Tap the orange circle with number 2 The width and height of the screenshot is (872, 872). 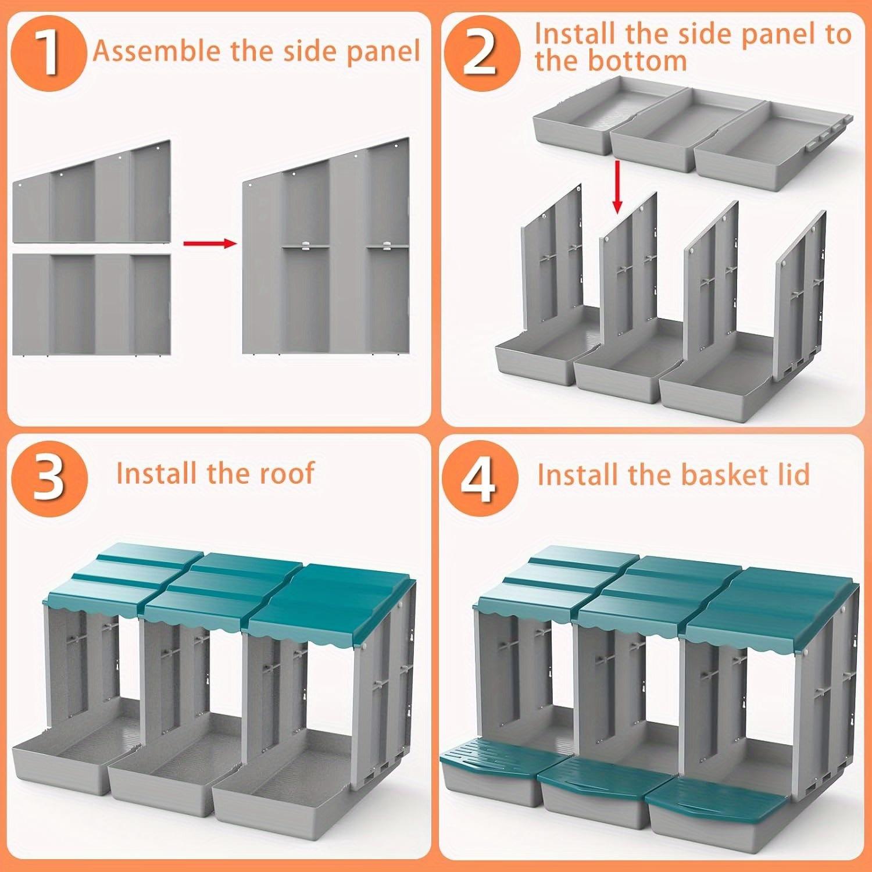tap(480, 54)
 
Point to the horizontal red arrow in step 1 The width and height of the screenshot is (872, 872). tap(209, 243)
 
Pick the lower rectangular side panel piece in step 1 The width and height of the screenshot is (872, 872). tap(92, 304)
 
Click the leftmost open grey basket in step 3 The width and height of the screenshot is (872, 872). tap(58, 762)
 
